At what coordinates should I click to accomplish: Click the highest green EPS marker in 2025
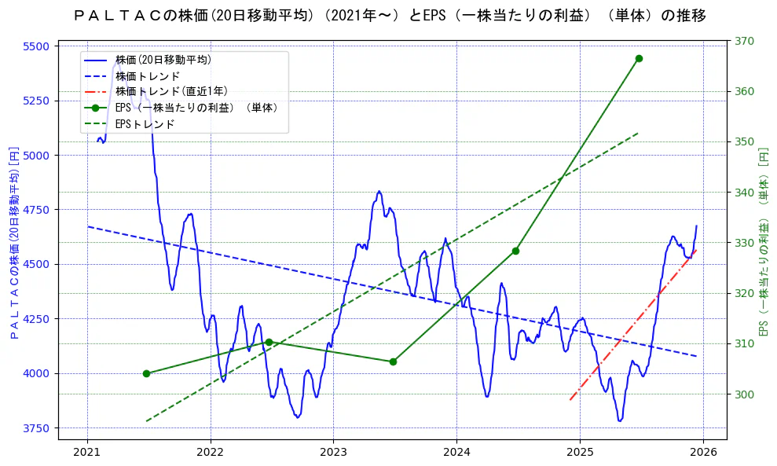pyautogui.click(x=639, y=58)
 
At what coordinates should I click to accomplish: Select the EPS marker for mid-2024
pyautogui.click(x=515, y=251)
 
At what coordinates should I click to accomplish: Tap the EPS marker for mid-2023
pyautogui.click(x=393, y=361)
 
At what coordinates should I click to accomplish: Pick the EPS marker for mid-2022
pyautogui.click(x=269, y=342)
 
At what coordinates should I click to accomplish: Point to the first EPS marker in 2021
pyautogui.click(x=146, y=373)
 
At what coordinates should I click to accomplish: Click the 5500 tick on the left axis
pyautogui.click(x=36, y=46)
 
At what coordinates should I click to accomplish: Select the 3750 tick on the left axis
pyautogui.click(x=36, y=428)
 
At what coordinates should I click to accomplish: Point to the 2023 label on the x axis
pyautogui.click(x=333, y=452)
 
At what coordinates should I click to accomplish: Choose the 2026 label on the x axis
pyautogui.click(x=703, y=452)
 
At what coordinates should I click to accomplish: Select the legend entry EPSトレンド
pyautogui.click(x=145, y=124)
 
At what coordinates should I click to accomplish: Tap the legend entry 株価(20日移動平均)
pyautogui.click(x=163, y=60)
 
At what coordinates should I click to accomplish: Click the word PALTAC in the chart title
pyautogui.click(x=117, y=16)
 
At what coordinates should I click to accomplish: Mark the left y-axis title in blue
pyautogui.click(x=13, y=241)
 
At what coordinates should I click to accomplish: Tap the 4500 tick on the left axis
pyautogui.click(x=36, y=265)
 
